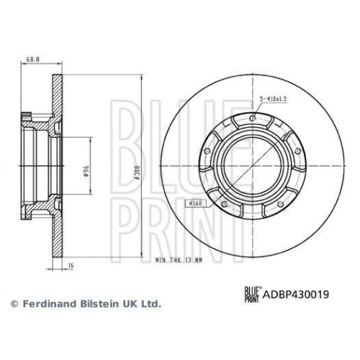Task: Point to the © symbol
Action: (12, 305)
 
